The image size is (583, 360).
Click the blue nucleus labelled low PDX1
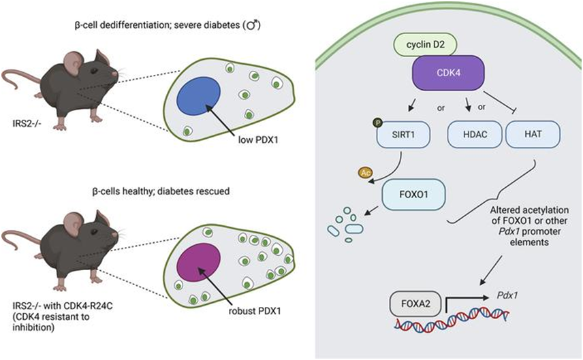point(198,96)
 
